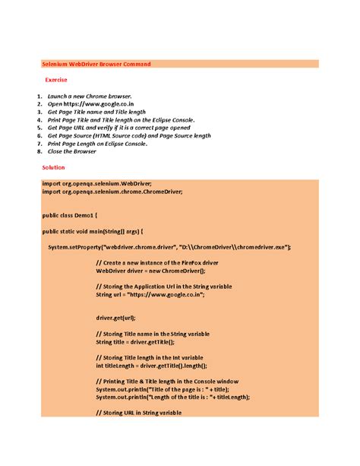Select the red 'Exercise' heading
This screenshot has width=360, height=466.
pyautogui.click(x=56, y=80)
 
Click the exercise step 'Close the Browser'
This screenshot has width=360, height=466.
pyautogui.click(x=72, y=151)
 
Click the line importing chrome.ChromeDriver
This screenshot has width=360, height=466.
pyautogui.click(x=112, y=192)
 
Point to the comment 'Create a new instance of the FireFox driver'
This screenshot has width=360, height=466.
pyautogui.click(x=163, y=262)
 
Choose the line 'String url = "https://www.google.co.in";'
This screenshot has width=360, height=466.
pyautogui.click(x=150, y=294)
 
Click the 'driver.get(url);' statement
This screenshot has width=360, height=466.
pyautogui.click(x=115, y=318)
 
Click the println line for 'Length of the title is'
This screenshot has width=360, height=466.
pyautogui.click(x=172, y=397)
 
